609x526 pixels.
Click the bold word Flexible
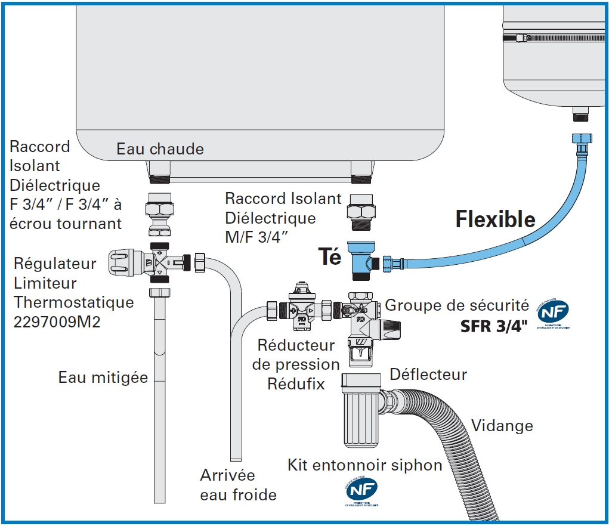click(496, 219)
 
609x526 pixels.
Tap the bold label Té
click(330, 256)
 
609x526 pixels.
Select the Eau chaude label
click(160, 148)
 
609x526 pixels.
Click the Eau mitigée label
click(103, 377)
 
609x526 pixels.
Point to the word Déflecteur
click(428, 375)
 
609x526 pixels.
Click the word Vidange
click(502, 425)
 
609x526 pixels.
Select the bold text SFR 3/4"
click(494, 326)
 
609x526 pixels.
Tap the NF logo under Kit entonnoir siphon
click(361, 490)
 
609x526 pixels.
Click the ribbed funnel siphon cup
click(361, 417)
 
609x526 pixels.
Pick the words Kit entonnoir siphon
click(365, 465)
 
